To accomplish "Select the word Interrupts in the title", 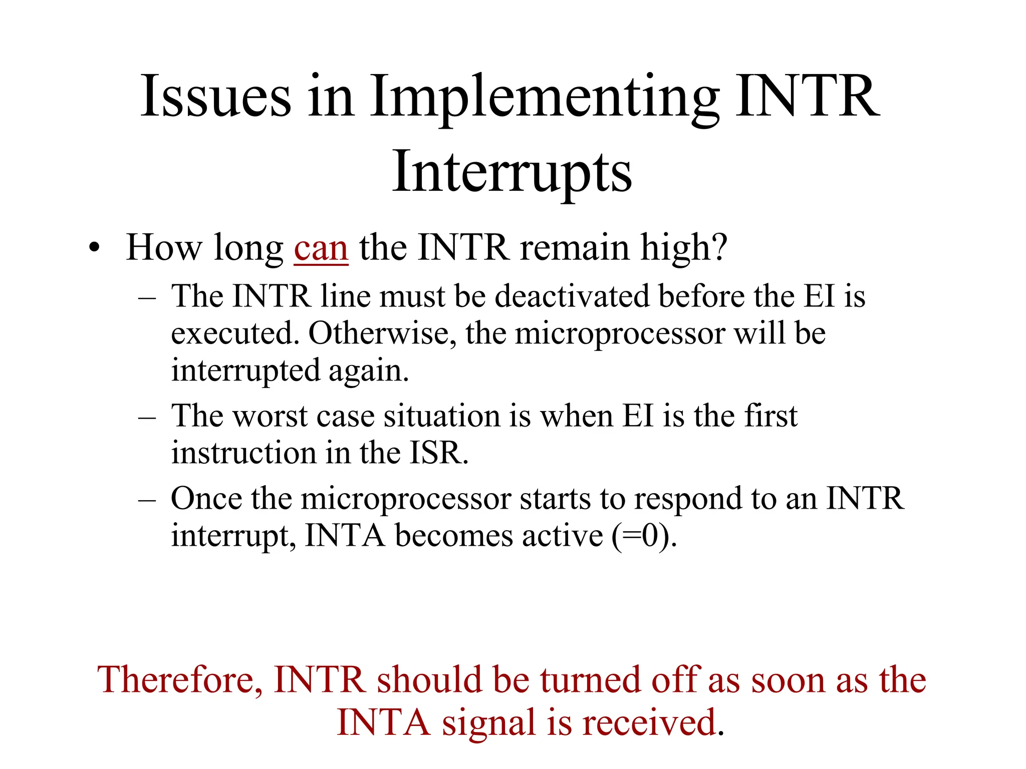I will point(512,173).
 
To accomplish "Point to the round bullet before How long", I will point(94,248).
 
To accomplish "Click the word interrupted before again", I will point(245,371).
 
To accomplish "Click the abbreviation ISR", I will point(437,453).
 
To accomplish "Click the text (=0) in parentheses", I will point(643,536).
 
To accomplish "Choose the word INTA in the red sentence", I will point(383,723).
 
